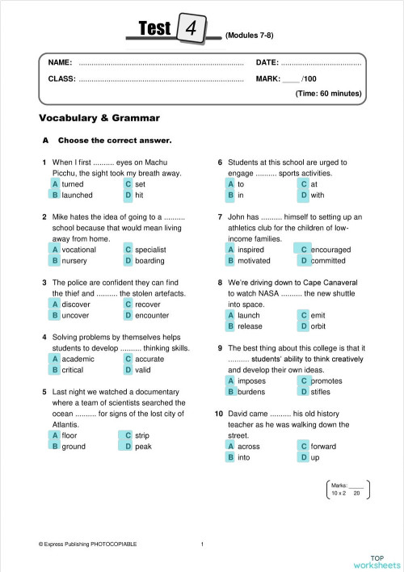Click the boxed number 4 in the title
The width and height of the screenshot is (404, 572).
[192, 29]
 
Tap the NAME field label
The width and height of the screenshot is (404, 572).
[61, 62]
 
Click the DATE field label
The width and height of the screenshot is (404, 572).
[267, 62]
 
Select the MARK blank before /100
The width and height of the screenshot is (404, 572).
[291, 79]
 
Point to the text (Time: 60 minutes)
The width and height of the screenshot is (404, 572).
[328, 94]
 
